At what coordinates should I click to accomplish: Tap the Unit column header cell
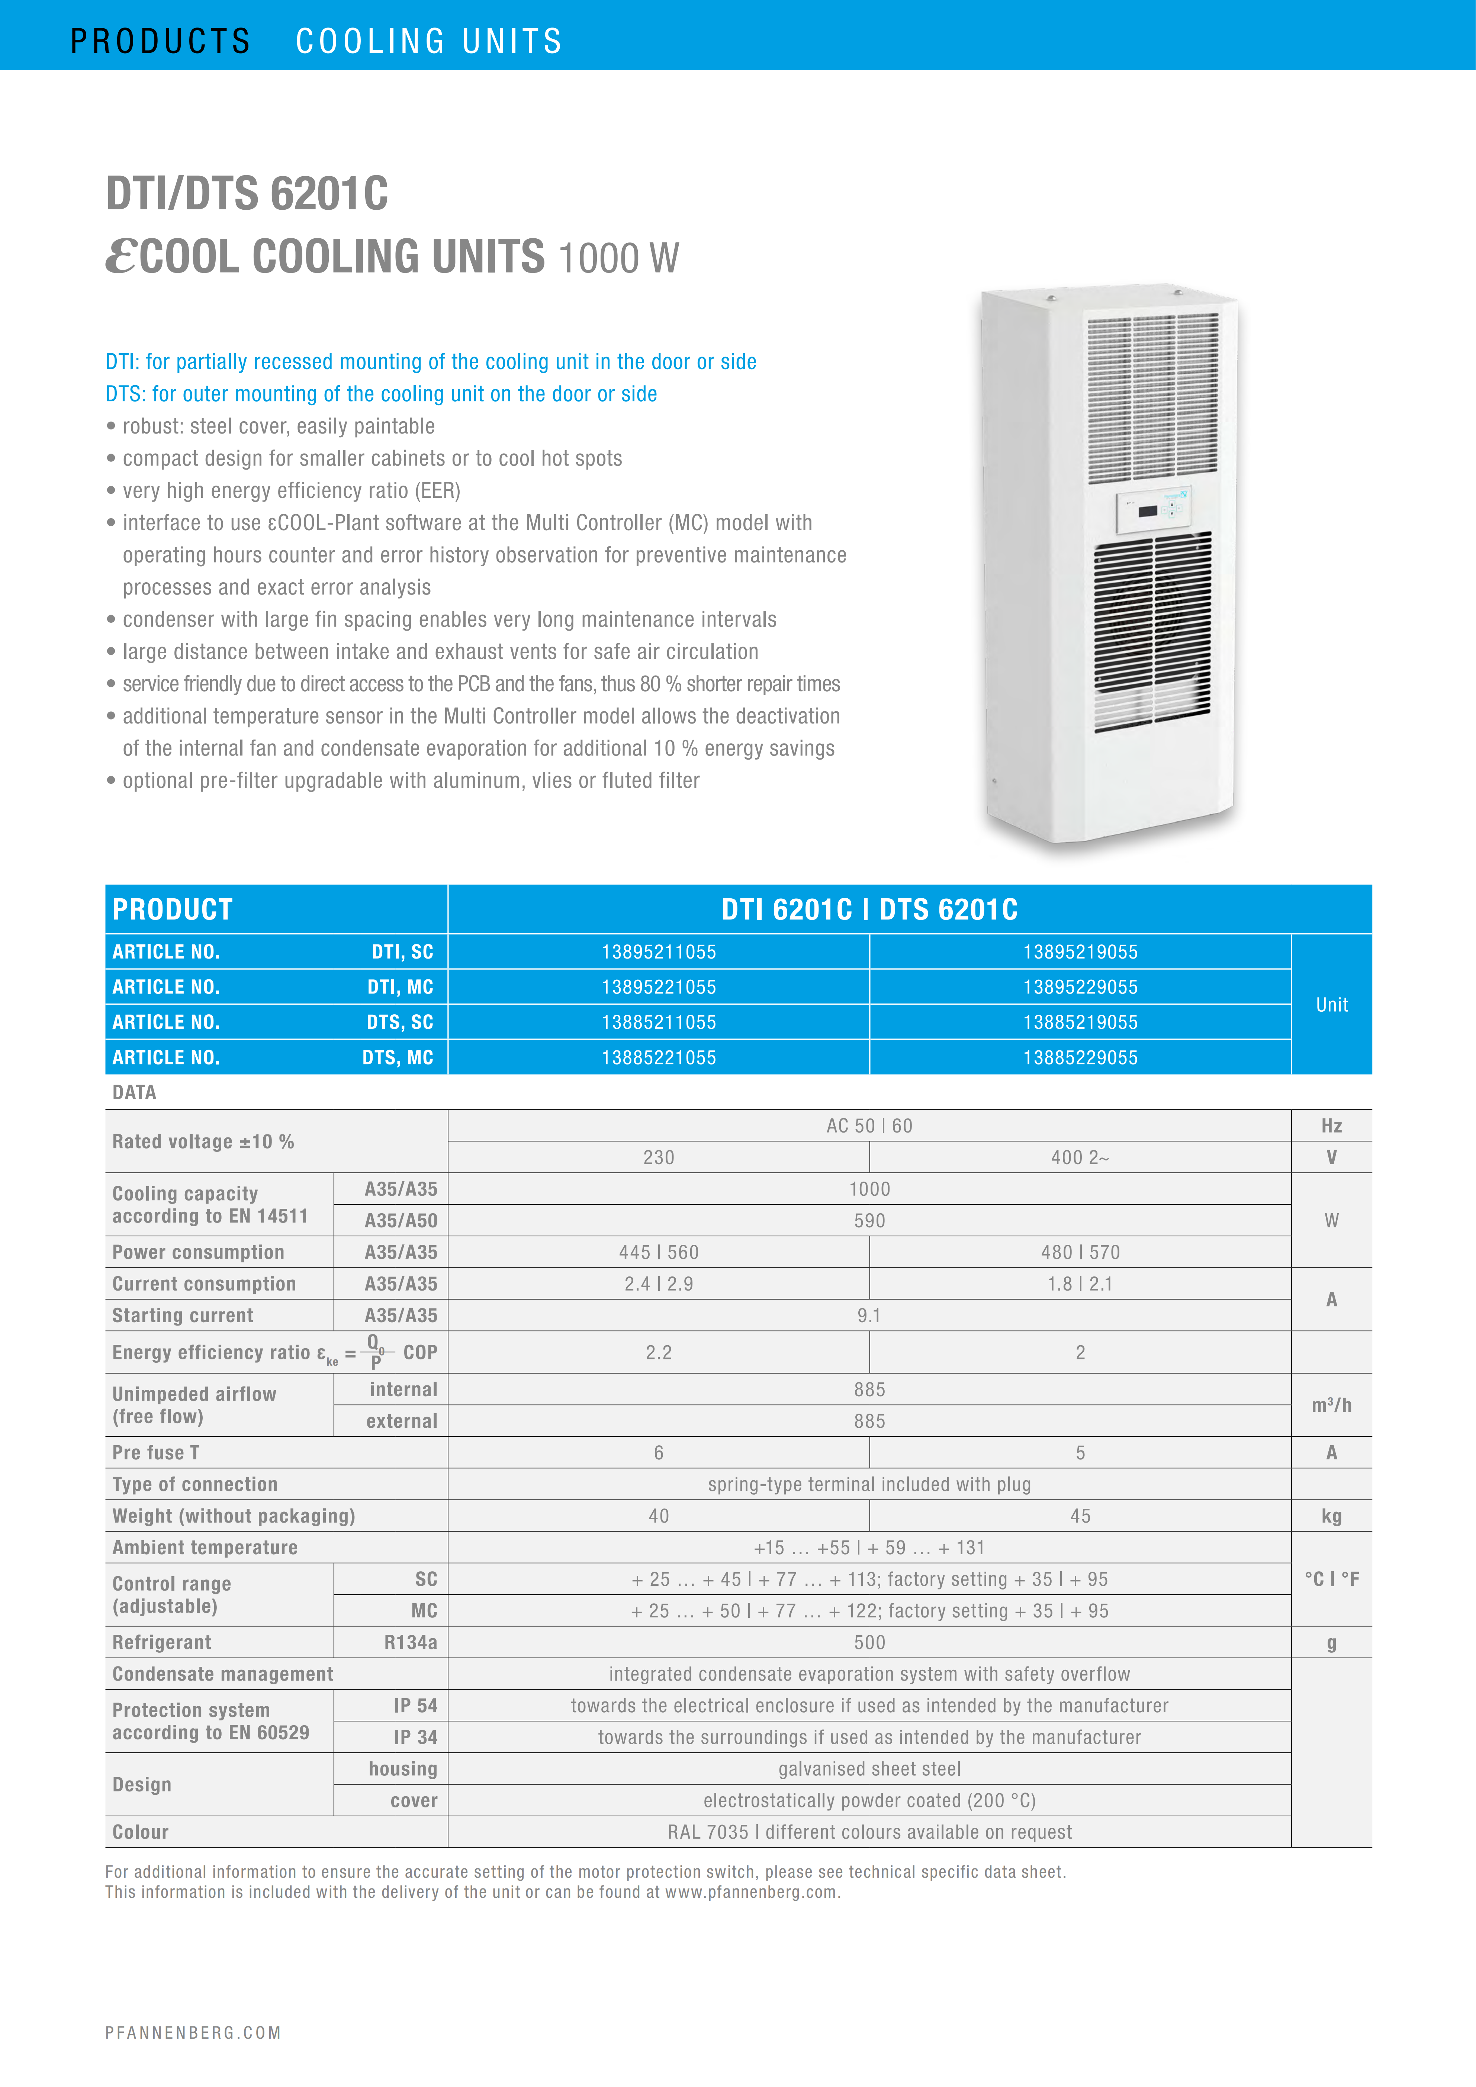click(1331, 1004)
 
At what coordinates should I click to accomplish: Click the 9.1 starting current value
click(869, 1315)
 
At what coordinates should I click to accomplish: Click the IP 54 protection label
click(415, 1705)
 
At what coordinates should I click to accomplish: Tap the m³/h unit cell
click(1331, 1405)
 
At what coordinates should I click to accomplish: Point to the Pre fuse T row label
click(155, 1453)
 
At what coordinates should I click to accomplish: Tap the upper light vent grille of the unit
click(1152, 397)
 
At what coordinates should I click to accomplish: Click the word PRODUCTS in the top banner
click(160, 41)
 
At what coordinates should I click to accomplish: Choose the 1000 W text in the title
click(618, 258)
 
